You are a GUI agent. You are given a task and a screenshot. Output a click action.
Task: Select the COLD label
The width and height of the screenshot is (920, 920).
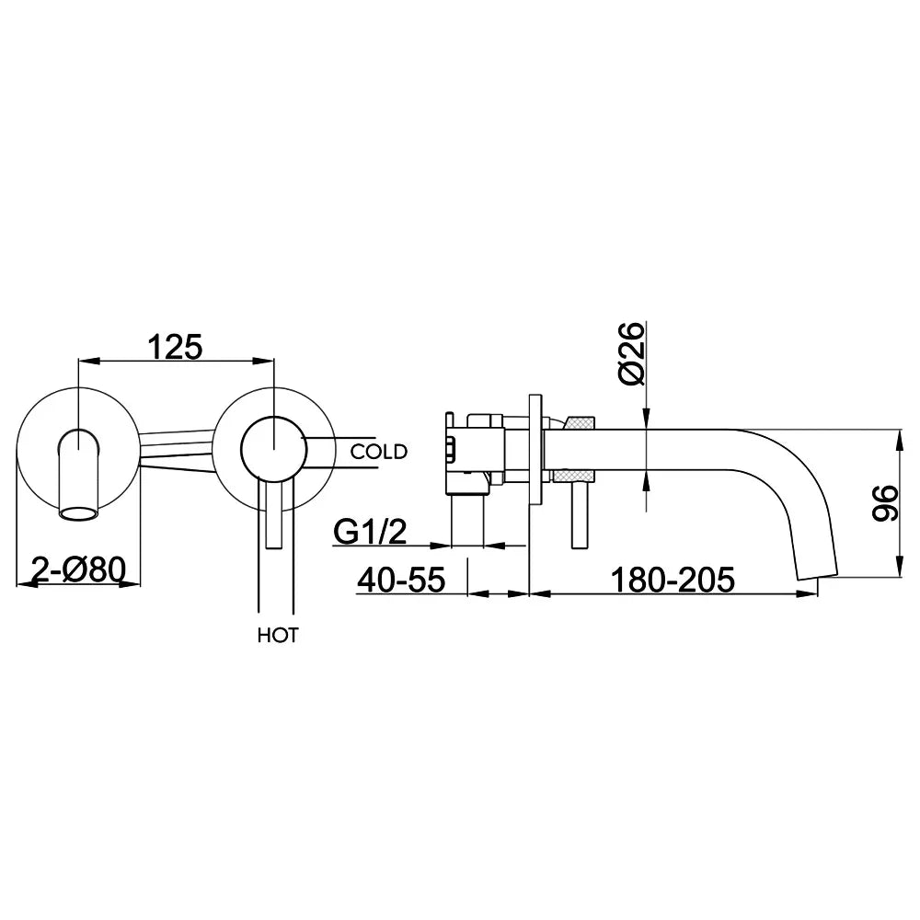tap(379, 452)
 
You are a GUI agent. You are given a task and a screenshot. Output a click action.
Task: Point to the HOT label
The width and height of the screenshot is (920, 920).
tap(278, 635)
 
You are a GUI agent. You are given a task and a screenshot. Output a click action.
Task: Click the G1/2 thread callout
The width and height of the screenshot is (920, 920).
tap(370, 532)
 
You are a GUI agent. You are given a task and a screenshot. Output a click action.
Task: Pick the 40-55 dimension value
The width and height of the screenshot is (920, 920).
tap(402, 580)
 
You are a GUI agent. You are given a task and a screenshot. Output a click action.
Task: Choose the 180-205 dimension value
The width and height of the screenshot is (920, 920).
tap(673, 580)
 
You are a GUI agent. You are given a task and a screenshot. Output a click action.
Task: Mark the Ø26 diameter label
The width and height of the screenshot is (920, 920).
tap(631, 353)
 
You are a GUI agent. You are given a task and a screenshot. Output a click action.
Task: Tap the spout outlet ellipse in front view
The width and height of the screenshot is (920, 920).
tap(78, 514)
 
